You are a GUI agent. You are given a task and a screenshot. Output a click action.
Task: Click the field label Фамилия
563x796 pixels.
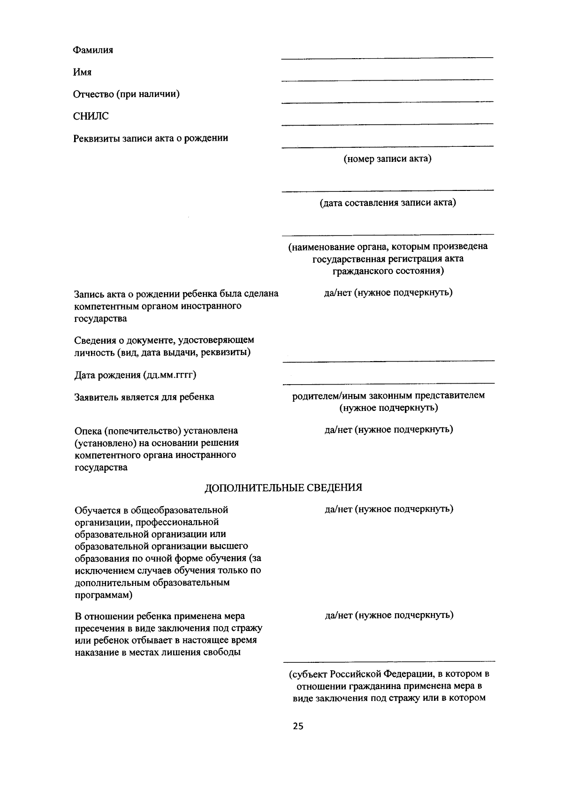93,50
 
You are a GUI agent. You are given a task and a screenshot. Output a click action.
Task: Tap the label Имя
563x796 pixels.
82,72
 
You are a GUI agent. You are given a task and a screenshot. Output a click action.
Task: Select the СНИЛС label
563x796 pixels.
91,116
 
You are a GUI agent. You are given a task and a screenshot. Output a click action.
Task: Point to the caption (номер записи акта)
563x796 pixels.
388,159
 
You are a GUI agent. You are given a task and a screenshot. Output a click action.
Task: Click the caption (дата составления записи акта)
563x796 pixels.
388,203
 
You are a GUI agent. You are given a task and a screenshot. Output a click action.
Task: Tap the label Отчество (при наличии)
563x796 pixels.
126,94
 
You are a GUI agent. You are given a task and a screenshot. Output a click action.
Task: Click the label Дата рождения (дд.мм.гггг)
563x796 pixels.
135,375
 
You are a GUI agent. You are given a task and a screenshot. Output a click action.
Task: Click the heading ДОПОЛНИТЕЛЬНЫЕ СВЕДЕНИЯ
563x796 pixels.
283,488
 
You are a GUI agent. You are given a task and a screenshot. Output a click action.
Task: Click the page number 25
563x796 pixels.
298,727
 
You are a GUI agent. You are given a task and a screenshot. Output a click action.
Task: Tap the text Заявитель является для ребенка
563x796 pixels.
144,397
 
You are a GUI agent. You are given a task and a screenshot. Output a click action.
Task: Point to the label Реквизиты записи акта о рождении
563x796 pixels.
151,138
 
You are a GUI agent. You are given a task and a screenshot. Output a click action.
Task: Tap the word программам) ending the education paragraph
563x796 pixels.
103,595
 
